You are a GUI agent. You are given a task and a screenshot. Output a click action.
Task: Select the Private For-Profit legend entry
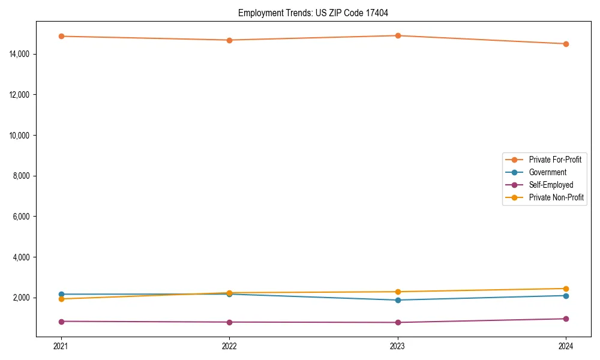[555, 160]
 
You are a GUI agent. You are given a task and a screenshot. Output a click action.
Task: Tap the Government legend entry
[548, 172]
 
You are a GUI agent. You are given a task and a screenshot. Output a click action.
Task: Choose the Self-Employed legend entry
[551, 185]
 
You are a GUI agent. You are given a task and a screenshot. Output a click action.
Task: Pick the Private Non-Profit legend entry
[556, 197]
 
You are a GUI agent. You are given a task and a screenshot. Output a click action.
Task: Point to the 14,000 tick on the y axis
[20, 54]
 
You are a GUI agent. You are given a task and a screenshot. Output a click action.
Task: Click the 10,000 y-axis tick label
[20, 136]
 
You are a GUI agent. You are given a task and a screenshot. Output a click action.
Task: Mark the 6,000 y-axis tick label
[22, 217]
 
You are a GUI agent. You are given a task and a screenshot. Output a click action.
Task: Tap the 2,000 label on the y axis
[22, 298]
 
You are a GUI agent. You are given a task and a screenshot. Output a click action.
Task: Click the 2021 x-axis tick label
[61, 346]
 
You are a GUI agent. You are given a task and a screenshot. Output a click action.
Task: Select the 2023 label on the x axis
[398, 346]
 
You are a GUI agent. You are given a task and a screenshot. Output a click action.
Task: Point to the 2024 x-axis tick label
[566, 346]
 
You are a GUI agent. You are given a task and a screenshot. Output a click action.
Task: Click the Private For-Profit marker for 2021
[61, 37]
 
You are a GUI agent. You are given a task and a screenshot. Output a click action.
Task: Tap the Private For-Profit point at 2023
[398, 35]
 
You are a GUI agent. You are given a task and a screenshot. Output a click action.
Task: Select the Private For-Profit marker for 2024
[566, 44]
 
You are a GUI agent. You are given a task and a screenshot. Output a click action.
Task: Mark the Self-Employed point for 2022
[229, 322]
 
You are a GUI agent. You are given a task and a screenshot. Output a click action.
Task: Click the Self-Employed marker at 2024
[566, 319]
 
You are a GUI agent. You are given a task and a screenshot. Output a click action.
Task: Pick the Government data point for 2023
[398, 300]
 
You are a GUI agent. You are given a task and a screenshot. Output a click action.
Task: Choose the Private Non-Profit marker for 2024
[566, 289]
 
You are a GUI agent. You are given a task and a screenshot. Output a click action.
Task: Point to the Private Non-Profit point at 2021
[61, 299]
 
